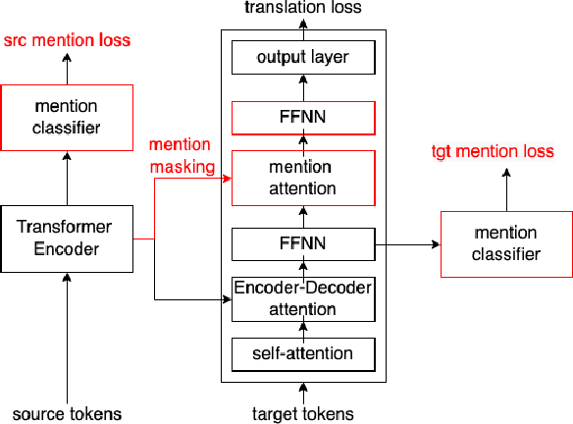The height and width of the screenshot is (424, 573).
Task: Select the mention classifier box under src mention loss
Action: click(67, 118)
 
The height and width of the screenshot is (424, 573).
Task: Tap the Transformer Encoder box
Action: click(67, 238)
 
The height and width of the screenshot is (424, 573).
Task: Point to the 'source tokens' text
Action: click(67, 413)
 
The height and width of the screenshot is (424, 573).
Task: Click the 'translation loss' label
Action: click(302, 8)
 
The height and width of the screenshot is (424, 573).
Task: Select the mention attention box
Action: click(302, 178)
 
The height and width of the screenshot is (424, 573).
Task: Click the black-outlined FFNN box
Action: click(302, 242)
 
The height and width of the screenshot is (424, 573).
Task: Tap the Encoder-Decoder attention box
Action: click(302, 299)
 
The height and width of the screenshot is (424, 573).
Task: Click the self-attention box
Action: click(302, 351)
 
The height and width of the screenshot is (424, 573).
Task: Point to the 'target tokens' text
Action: click(302, 413)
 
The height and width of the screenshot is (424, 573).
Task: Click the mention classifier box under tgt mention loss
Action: click(506, 243)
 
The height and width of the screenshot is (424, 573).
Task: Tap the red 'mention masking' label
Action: click(182, 155)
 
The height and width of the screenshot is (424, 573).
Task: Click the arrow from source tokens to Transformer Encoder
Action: click(67, 334)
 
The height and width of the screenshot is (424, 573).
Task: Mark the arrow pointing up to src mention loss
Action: click(67, 69)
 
